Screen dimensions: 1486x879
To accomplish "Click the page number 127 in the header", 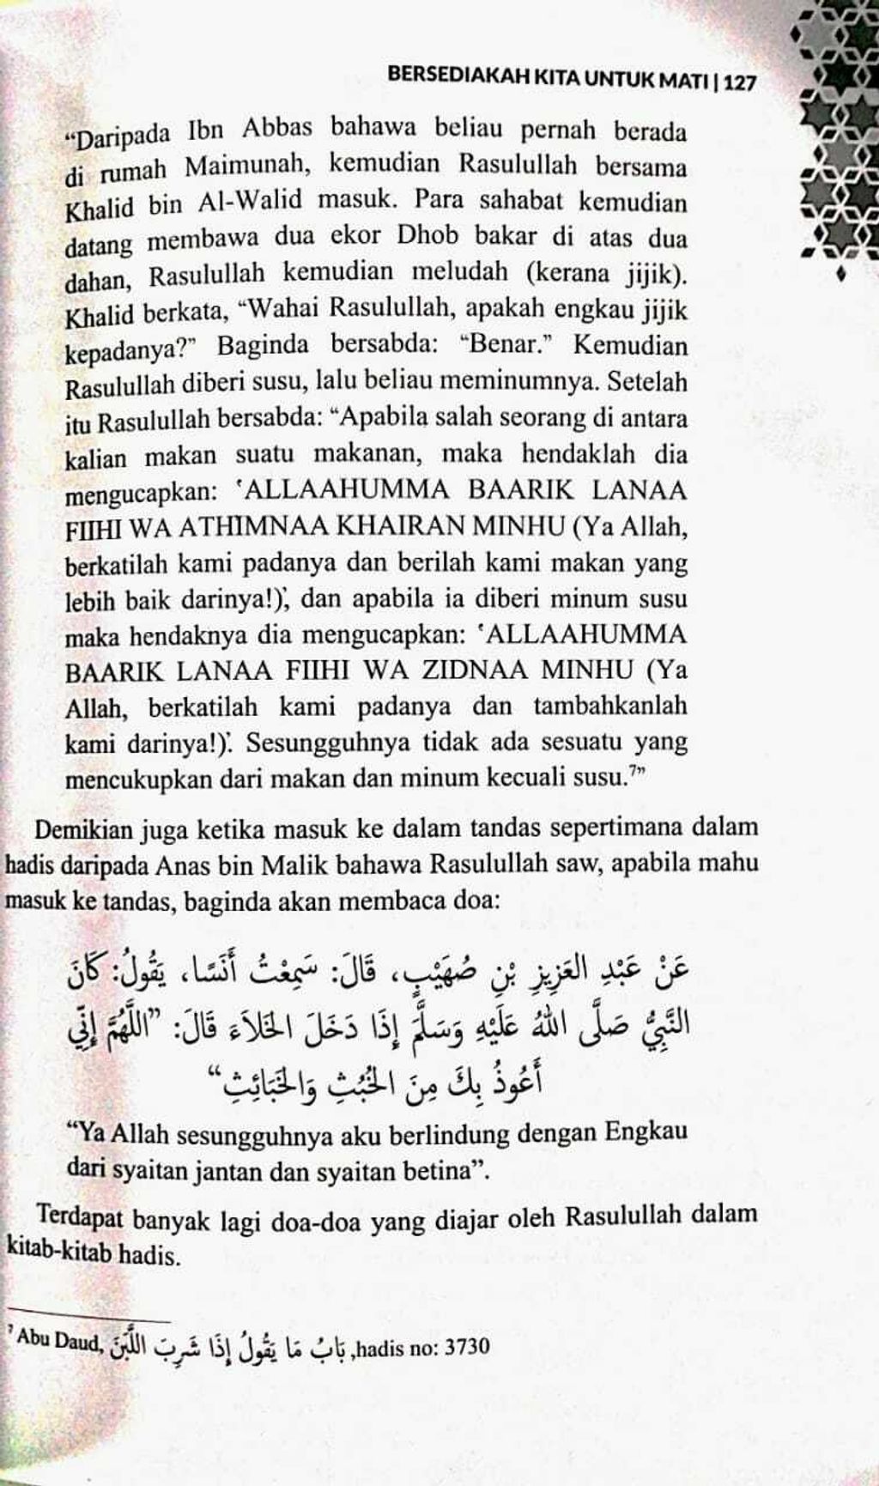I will click(740, 83).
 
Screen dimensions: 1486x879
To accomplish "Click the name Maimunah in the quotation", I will click(248, 164).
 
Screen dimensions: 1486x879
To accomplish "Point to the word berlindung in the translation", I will click(446, 1133).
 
